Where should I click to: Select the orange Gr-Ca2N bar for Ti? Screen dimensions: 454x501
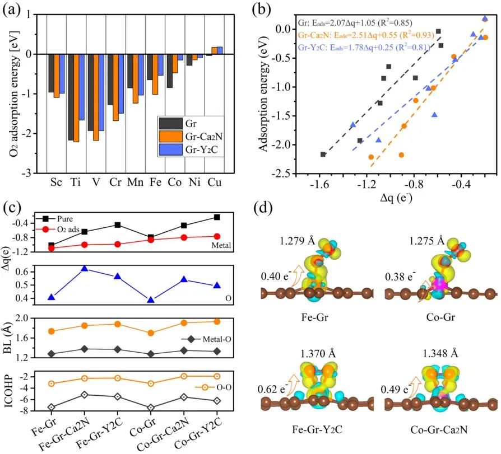[76, 98]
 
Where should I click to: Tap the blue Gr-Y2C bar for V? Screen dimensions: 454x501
[102, 92]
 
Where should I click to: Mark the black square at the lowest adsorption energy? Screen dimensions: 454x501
[323, 155]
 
